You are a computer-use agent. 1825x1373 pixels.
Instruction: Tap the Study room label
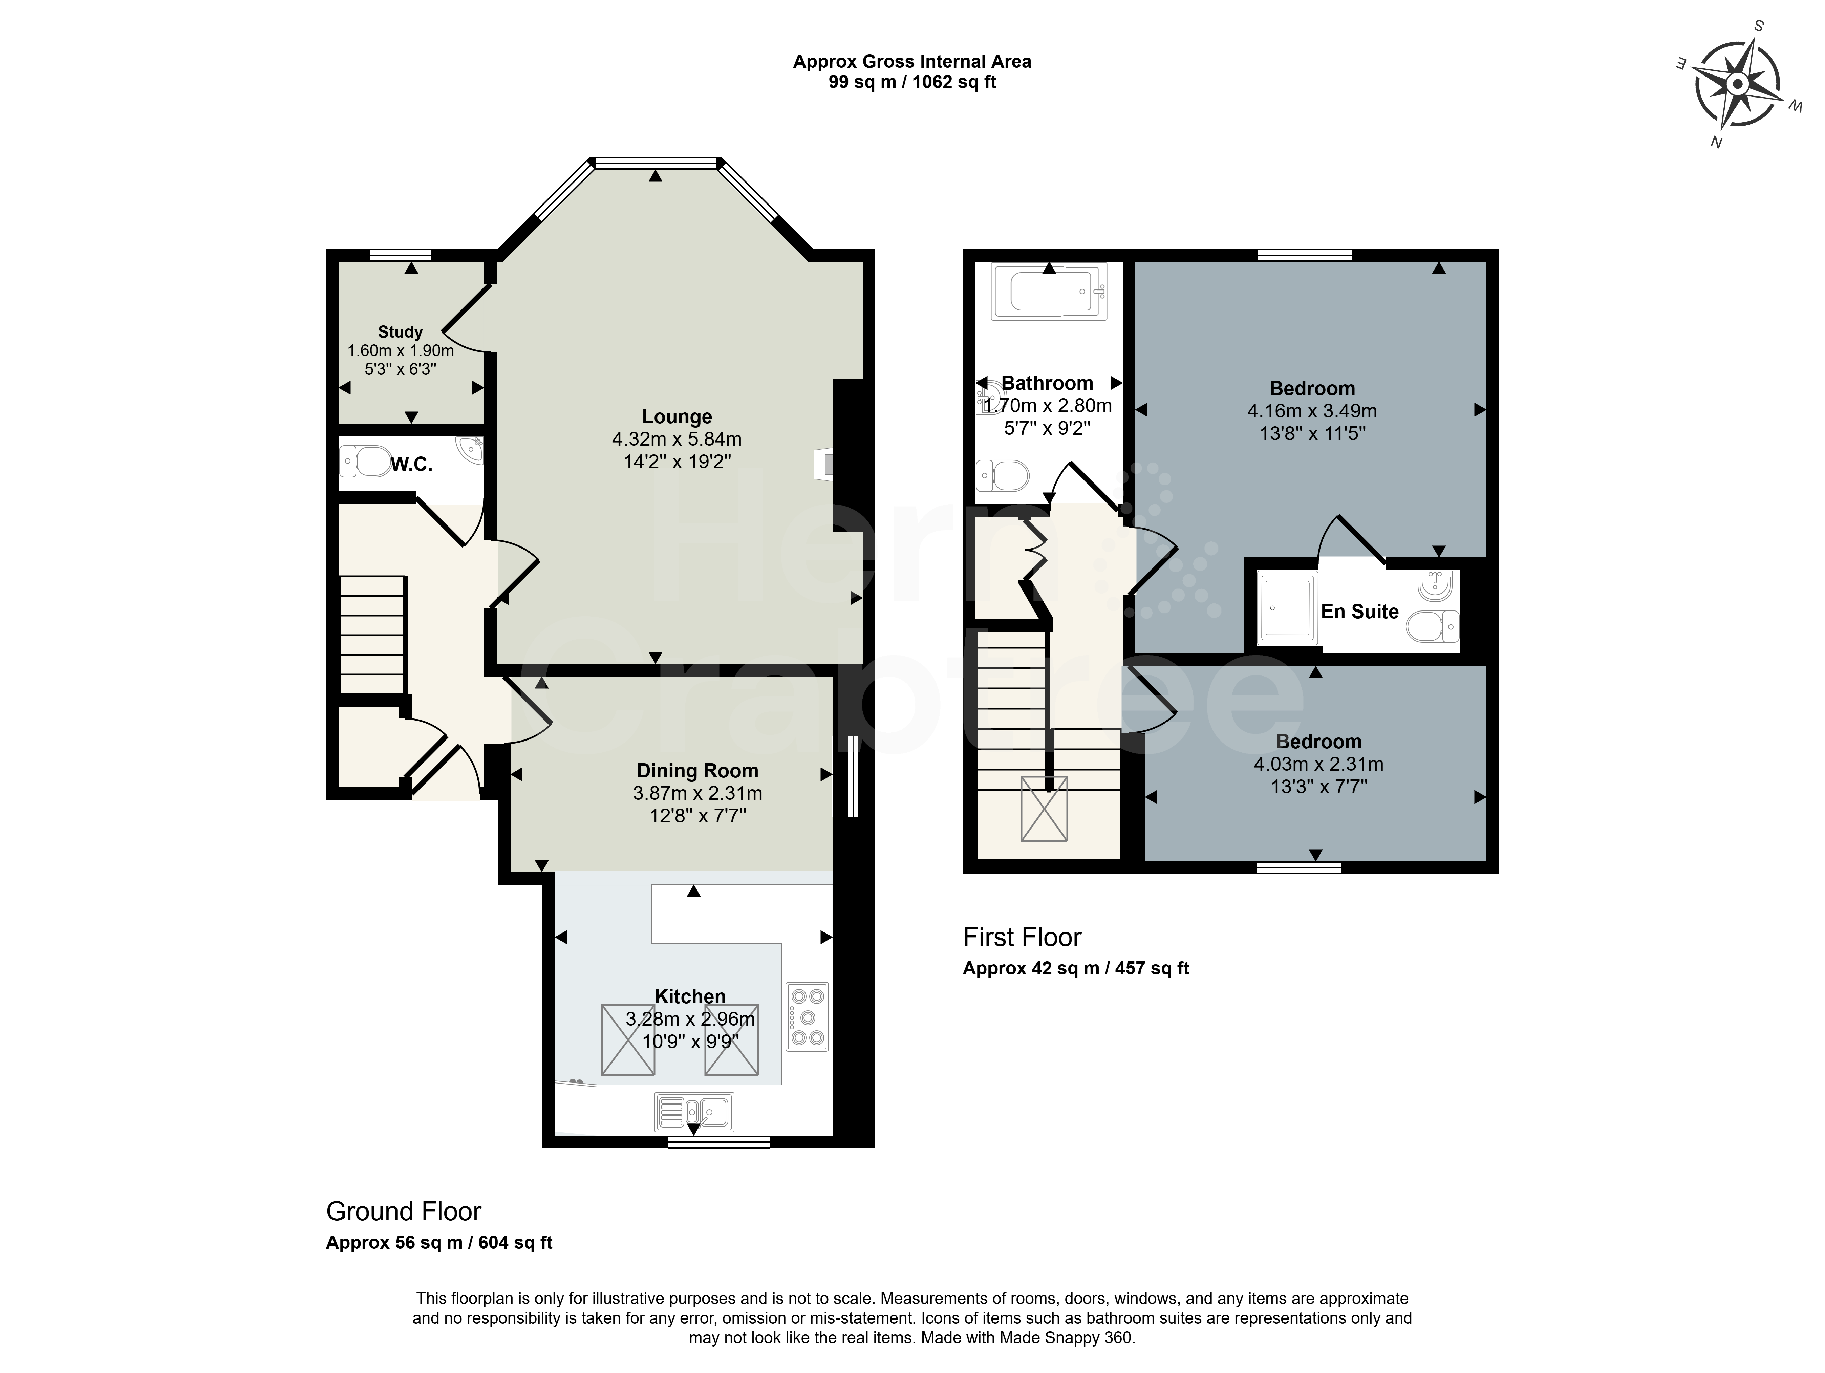click(400, 332)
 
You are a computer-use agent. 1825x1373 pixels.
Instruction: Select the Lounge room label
click(677, 417)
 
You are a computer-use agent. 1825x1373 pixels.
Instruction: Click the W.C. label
click(411, 465)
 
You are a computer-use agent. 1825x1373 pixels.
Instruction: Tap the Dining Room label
click(697, 771)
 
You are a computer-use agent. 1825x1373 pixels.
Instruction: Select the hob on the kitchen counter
click(807, 1016)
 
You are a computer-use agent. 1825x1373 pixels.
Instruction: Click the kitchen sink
click(694, 1112)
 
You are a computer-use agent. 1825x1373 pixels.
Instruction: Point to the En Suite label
click(1360, 612)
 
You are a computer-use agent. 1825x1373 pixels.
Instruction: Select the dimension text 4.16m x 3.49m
click(1312, 411)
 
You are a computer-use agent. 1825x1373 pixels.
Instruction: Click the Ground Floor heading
click(404, 1211)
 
